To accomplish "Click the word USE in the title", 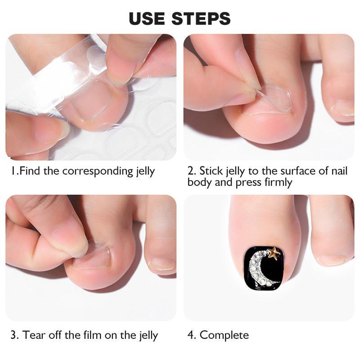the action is pos(147,18).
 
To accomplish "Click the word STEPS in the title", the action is pos(201,18).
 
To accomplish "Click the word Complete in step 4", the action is pos(224,335).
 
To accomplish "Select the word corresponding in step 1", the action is pos(98,171).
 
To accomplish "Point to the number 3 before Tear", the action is pos(14,335).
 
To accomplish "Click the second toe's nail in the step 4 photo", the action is pos(332,260).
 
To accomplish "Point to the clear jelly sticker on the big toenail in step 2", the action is pos(273,98).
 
